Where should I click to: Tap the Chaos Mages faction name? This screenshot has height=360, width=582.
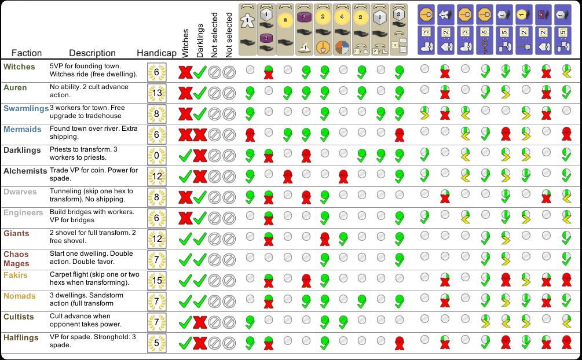16,259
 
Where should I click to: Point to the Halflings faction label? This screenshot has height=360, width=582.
21,337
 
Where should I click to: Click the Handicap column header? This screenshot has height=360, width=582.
156,53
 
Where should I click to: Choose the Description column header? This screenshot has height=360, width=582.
92,53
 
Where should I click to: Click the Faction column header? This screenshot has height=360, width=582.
27,53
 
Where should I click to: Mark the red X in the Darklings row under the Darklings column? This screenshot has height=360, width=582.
200,156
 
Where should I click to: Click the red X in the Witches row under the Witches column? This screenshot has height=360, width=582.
185,72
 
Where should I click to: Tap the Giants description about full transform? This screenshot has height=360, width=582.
93,237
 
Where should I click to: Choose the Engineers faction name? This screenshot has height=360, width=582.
23,212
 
